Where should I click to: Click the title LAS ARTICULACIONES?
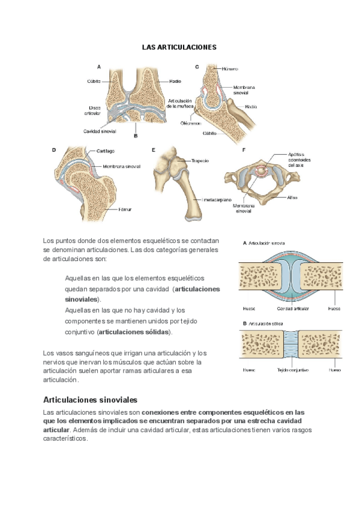click(179, 46)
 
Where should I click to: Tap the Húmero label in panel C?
click(230, 69)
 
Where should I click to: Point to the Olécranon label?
click(190, 122)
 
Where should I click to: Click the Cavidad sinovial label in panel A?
click(100, 130)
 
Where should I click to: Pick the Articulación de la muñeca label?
click(179, 103)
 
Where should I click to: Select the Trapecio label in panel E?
click(200, 161)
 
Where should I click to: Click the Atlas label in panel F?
click(293, 197)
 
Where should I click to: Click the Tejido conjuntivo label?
click(292, 370)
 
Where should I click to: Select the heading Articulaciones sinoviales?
click(91, 399)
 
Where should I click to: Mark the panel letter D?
click(54, 149)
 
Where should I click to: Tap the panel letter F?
click(244, 149)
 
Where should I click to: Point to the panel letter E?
click(154, 149)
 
